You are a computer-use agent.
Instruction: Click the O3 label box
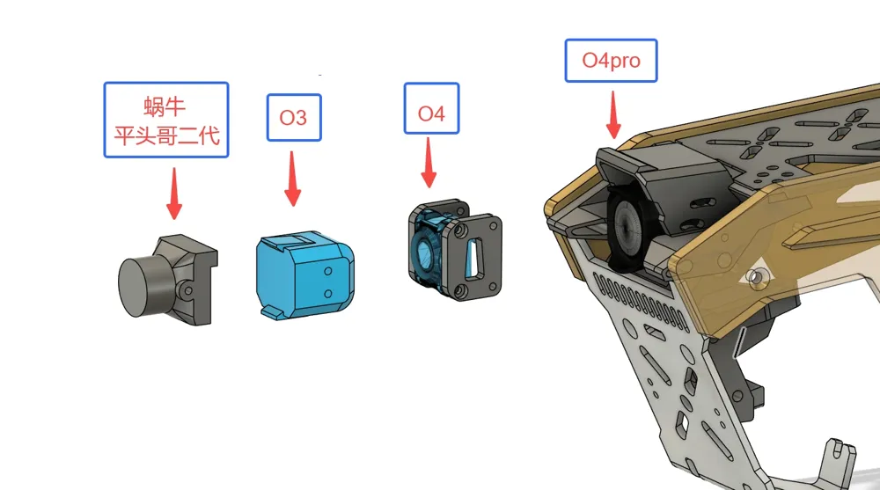(x=294, y=117)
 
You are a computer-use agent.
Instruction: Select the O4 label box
(x=431, y=108)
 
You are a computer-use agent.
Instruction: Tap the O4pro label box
(x=612, y=61)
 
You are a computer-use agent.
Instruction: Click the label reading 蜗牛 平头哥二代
(x=166, y=121)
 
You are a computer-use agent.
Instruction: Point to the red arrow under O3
(x=292, y=179)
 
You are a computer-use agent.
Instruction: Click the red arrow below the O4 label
(x=429, y=163)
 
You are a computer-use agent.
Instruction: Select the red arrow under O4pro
(x=613, y=114)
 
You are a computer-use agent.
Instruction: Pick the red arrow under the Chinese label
(x=174, y=193)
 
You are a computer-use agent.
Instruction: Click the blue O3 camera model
(x=305, y=274)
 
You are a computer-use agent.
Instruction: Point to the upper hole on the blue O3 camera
(x=328, y=272)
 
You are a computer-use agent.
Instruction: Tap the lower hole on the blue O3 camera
(x=328, y=294)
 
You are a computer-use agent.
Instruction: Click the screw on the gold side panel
(x=758, y=277)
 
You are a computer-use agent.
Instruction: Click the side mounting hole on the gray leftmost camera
(x=188, y=290)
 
